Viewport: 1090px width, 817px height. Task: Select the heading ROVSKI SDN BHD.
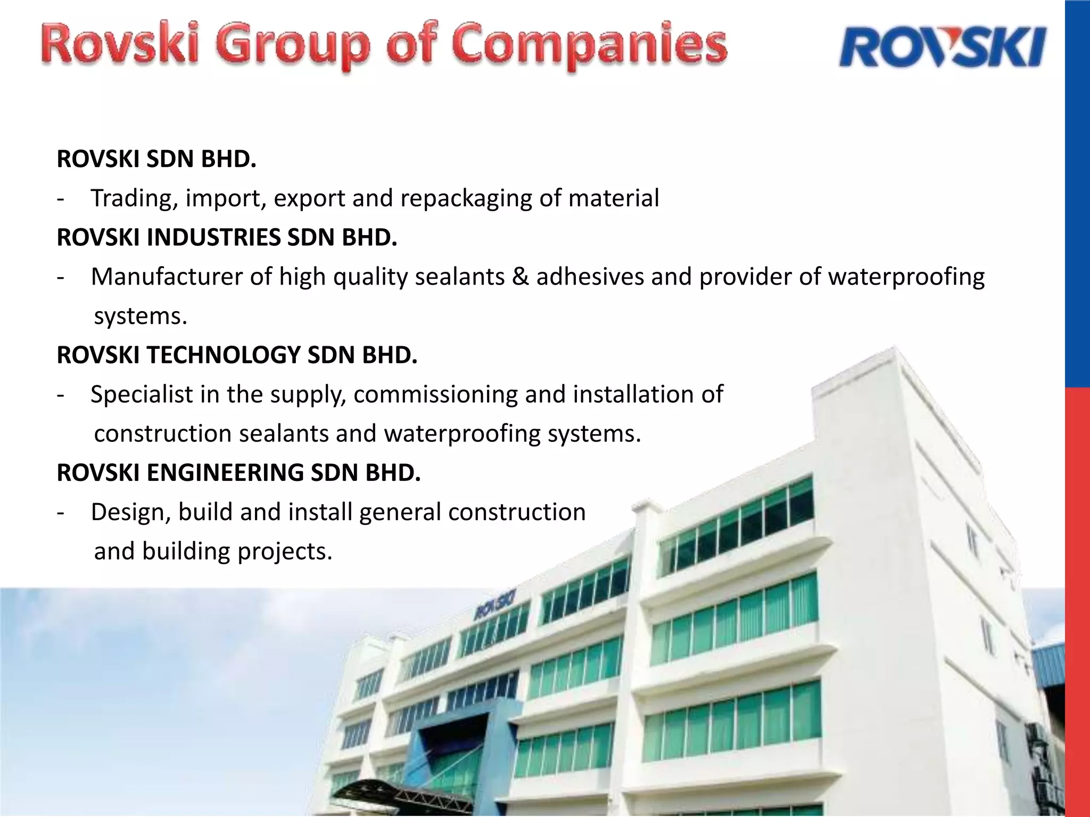click(x=156, y=159)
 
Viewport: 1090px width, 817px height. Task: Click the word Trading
click(x=134, y=198)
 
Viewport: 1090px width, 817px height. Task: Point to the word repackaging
click(x=466, y=198)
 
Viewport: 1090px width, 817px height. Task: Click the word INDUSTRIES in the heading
click(x=213, y=237)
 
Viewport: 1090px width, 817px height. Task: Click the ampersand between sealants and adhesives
click(x=521, y=277)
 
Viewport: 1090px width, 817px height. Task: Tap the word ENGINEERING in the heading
click(x=225, y=472)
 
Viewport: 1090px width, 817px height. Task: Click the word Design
click(x=131, y=512)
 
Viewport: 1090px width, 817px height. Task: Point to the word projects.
click(x=285, y=551)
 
